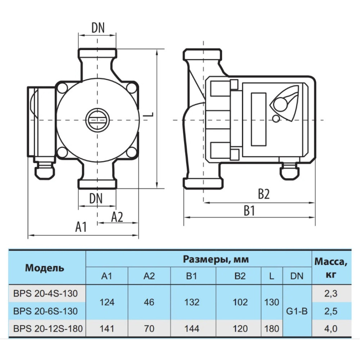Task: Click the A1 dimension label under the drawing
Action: click(81, 227)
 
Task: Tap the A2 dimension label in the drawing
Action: click(117, 217)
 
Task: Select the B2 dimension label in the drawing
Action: click(264, 194)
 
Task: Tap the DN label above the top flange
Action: click(98, 28)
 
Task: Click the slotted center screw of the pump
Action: click(98, 120)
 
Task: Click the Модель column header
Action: click(45, 268)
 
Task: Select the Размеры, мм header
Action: click(216, 260)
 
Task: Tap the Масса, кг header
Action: click(331, 268)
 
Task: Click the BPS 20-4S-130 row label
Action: click(45, 294)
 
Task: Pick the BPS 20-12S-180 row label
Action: click(48, 329)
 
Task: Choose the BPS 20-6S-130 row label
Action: click(45, 311)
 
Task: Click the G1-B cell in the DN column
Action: click(297, 311)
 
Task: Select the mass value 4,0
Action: click(331, 329)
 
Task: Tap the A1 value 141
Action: click(107, 329)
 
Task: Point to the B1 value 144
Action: click(192, 329)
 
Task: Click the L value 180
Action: click(271, 329)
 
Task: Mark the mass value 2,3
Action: click(331, 294)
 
